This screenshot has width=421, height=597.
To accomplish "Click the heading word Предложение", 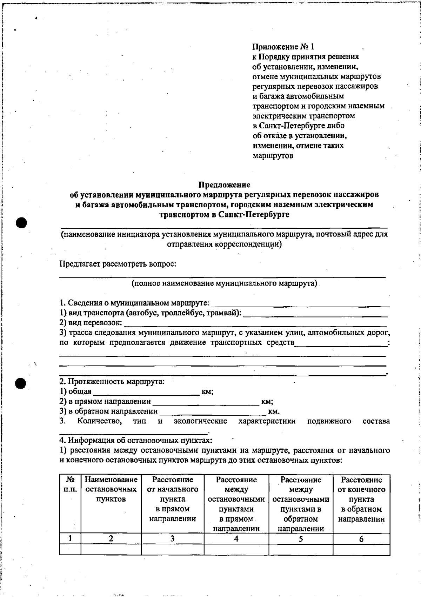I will (225, 185).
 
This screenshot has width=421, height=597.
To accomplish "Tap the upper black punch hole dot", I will (21, 222).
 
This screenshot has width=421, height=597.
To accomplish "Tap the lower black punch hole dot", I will (21, 383).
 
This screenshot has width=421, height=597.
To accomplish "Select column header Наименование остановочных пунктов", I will (111, 489).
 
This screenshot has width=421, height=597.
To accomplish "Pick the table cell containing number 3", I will (172, 539).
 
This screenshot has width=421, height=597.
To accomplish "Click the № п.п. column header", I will (70, 484).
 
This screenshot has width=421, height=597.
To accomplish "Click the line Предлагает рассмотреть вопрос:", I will (118, 264).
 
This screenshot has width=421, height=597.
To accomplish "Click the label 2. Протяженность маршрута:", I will (112, 381).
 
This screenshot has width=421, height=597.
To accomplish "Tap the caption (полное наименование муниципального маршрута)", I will (225, 283).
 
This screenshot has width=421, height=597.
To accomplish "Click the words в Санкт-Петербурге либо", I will (298, 126).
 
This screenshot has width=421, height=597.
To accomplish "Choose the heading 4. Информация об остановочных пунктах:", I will (136, 440).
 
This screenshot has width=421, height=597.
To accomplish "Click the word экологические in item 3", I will (200, 421).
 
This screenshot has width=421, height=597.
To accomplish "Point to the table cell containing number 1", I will (70, 539).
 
